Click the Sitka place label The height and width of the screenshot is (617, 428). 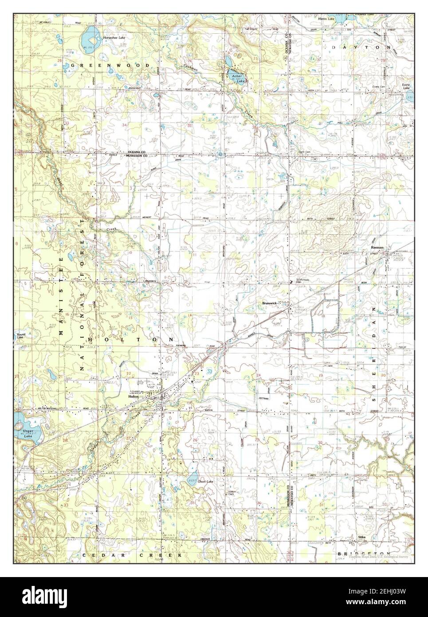pyautogui.click(x=362, y=537)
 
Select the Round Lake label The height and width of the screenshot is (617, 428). pyautogui.click(x=21, y=336)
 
